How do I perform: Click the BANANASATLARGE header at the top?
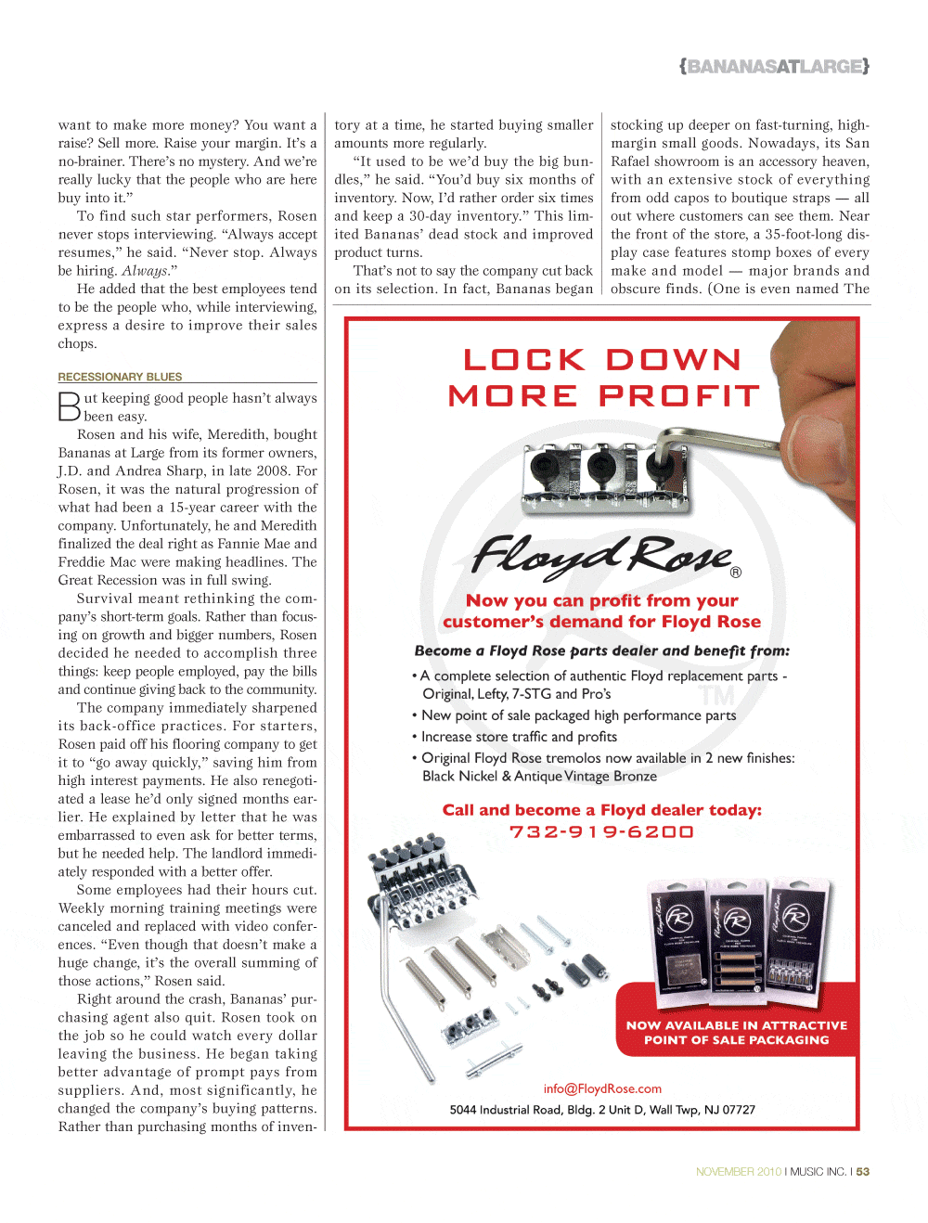coord(774,67)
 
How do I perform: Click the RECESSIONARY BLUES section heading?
coord(120,377)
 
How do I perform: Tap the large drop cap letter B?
coord(70,406)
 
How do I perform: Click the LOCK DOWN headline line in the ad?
coord(602,359)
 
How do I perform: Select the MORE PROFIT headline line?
coord(603,396)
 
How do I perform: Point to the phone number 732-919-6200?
coord(601,831)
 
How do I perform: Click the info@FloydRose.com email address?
coord(602,1088)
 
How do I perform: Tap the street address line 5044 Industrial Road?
coord(602,1110)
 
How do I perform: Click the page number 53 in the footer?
coord(863,1172)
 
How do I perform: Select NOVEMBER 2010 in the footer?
coord(739,1172)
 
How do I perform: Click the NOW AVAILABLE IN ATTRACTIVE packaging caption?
coord(736,1033)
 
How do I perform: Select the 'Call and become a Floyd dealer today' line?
coord(601,810)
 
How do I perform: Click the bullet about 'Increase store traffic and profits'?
coord(518,737)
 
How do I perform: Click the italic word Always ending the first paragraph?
coord(145,271)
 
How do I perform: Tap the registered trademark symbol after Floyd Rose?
coord(736,573)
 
